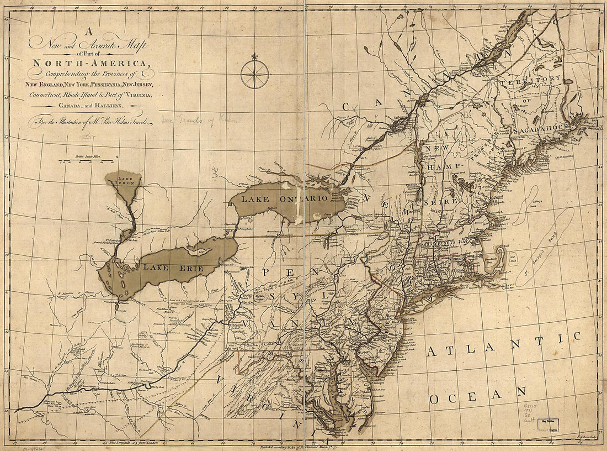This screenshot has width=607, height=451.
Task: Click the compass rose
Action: (x=254, y=74)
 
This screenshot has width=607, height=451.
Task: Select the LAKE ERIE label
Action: (x=174, y=268)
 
